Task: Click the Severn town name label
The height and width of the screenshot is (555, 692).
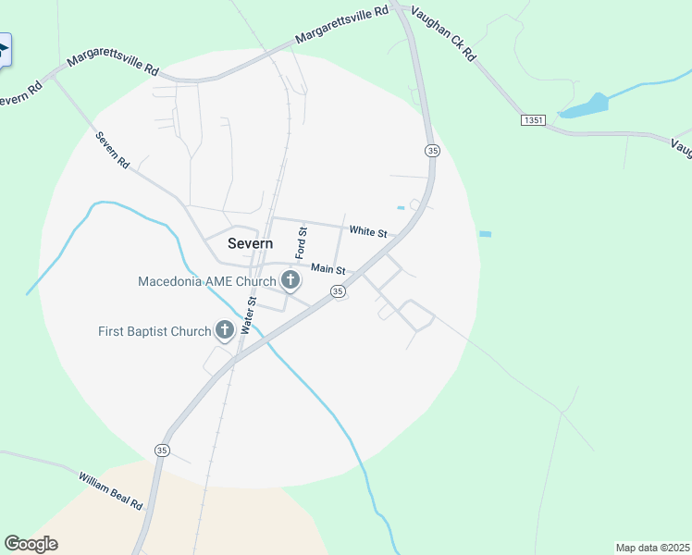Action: click(x=250, y=243)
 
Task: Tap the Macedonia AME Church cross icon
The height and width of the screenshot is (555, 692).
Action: click(x=290, y=280)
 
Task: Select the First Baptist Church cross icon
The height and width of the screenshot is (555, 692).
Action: click(x=224, y=329)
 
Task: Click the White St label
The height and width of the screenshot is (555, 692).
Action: click(x=367, y=230)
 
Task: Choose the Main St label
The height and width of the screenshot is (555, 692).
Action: click(x=327, y=269)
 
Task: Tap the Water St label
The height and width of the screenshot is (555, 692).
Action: click(x=248, y=314)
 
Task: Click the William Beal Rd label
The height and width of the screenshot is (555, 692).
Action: click(x=110, y=491)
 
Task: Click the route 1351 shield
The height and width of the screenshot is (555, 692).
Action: click(x=533, y=120)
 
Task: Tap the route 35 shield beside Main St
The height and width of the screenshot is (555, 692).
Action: click(x=339, y=291)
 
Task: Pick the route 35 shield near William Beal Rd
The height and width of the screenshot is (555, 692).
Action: click(x=162, y=450)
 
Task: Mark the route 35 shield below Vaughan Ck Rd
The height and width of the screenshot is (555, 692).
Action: click(x=431, y=150)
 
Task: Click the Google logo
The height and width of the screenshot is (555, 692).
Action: click(x=31, y=544)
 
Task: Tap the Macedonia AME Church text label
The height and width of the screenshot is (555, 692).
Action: click(x=207, y=281)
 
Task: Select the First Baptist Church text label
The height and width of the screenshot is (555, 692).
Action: click(x=155, y=331)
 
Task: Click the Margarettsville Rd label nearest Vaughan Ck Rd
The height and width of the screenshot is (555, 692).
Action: click(x=341, y=26)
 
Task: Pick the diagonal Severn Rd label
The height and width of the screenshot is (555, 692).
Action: click(x=113, y=150)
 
